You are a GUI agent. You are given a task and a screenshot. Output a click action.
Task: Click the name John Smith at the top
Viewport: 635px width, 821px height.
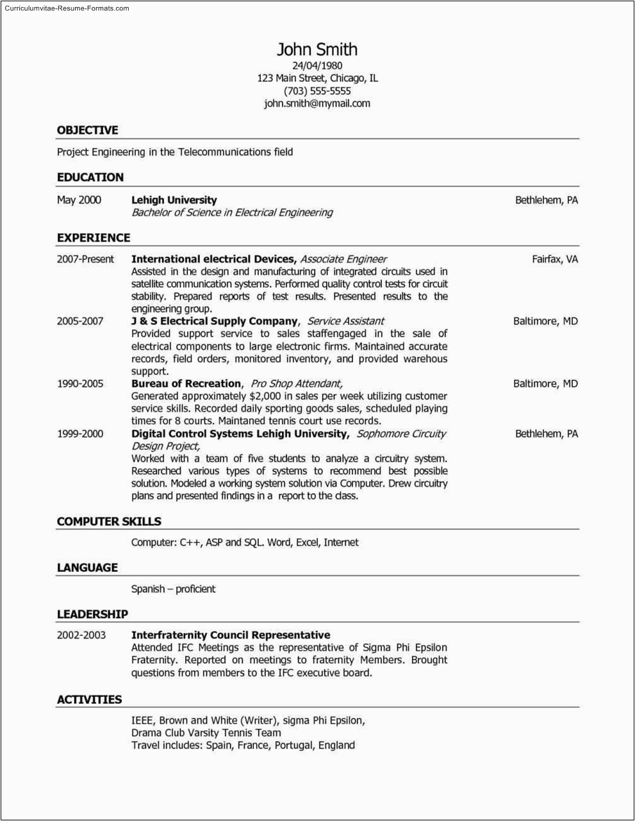(317, 50)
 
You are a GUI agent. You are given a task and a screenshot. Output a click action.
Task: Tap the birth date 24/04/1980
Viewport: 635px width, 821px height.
(317, 65)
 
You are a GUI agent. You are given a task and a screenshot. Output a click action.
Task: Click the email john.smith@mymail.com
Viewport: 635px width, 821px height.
(317, 104)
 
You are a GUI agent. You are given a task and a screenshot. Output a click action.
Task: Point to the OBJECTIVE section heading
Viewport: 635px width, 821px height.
(87, 131)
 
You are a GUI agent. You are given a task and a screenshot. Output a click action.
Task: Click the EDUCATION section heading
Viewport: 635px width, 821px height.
(90, 177)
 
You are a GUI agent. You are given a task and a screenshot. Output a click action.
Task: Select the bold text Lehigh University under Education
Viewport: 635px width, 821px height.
(174, 200)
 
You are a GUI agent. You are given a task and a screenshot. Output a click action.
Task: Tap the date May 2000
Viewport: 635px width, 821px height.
(79, 200)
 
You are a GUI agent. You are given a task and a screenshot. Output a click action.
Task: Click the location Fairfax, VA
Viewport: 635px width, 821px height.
(555, 259)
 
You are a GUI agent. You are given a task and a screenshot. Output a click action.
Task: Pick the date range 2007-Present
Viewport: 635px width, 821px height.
(85, 259)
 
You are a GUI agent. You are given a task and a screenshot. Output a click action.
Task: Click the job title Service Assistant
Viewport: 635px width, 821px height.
(345, 321)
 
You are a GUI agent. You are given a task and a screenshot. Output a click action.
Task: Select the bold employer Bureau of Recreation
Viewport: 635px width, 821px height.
(186, 384)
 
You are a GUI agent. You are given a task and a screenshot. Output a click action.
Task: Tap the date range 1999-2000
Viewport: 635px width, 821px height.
(80, 434)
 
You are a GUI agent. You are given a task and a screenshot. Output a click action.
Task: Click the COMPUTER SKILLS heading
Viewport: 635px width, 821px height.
(109, 522)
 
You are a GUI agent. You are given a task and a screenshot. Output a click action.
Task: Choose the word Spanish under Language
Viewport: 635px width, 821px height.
(148, 589)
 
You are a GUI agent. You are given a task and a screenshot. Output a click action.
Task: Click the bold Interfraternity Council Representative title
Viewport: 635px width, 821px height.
(231, 635)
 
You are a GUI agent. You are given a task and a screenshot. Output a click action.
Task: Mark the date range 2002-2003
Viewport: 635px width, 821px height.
(81, 635)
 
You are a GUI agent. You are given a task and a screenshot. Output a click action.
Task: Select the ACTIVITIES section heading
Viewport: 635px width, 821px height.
(89, 700)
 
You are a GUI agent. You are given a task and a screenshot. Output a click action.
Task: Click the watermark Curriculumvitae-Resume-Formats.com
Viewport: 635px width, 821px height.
(67, 8)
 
